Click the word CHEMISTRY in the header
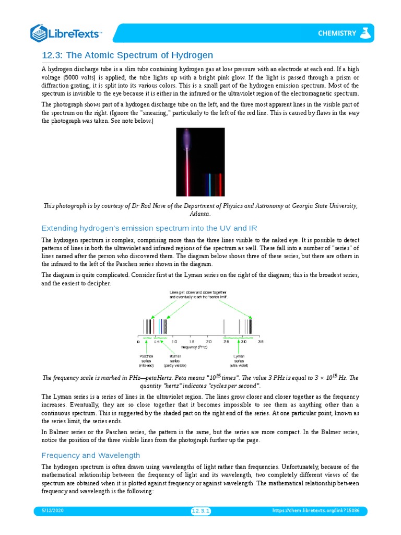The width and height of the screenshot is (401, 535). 337,33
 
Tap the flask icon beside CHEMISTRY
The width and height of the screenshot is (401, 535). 366,33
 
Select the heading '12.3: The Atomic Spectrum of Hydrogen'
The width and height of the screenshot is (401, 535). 127,55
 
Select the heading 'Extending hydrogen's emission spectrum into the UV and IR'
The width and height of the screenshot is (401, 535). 149,228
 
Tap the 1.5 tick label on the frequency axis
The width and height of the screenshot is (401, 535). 192,342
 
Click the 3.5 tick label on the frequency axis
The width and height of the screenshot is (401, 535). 261,342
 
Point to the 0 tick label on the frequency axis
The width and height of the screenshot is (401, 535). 138,342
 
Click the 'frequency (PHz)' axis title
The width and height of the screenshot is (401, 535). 197,347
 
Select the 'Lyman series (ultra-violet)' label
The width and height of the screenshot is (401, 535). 239,360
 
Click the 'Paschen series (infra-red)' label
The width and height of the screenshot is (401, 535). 146,360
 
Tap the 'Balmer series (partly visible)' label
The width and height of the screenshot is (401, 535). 175,360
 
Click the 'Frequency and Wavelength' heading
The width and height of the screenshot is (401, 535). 90,455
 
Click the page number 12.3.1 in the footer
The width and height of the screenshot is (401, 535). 200,511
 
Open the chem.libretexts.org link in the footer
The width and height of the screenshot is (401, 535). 320,510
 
